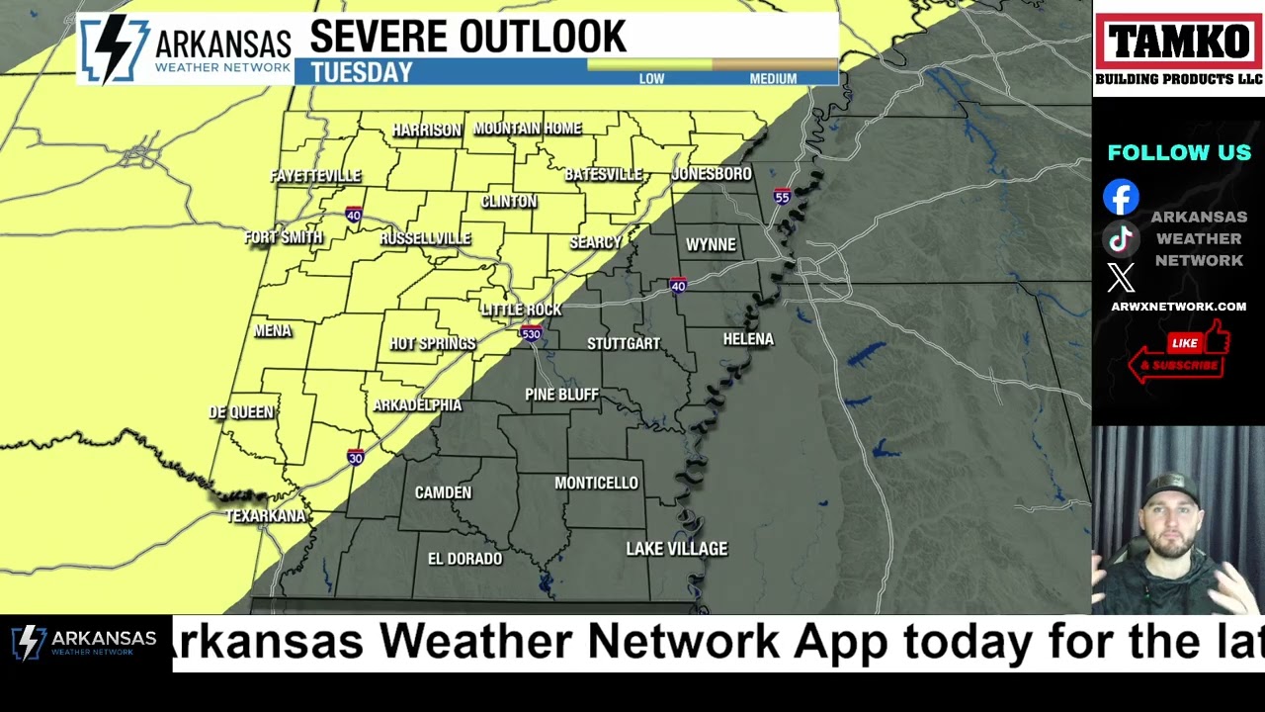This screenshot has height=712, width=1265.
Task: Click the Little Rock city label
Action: [521, 310]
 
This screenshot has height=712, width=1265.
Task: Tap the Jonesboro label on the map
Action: [712, 174]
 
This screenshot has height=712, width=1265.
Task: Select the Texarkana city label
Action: [265, 516]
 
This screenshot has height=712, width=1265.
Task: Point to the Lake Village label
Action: [677, 549]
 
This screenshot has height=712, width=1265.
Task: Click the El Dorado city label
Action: [464, 559]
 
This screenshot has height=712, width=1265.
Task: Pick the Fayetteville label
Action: [316, 176]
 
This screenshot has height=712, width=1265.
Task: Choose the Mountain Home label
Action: [528, 129]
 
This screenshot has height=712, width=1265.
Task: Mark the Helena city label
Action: [748, 339]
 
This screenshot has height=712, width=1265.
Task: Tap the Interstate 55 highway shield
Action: [782, 197]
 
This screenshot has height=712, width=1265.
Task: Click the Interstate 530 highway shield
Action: [532, 333]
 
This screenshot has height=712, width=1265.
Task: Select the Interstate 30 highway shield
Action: [356, 457]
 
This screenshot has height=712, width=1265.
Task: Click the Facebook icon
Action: [1121, 197]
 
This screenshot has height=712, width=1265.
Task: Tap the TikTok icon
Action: [1121, 238]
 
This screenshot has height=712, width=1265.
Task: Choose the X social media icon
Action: [1121, 278]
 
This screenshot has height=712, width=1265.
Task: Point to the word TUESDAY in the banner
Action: [361, 73]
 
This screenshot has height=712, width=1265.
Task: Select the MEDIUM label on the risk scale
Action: [773, 79]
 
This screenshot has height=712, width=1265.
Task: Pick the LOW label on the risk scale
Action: [651, 79]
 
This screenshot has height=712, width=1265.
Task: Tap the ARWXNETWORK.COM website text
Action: [1178, 307]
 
